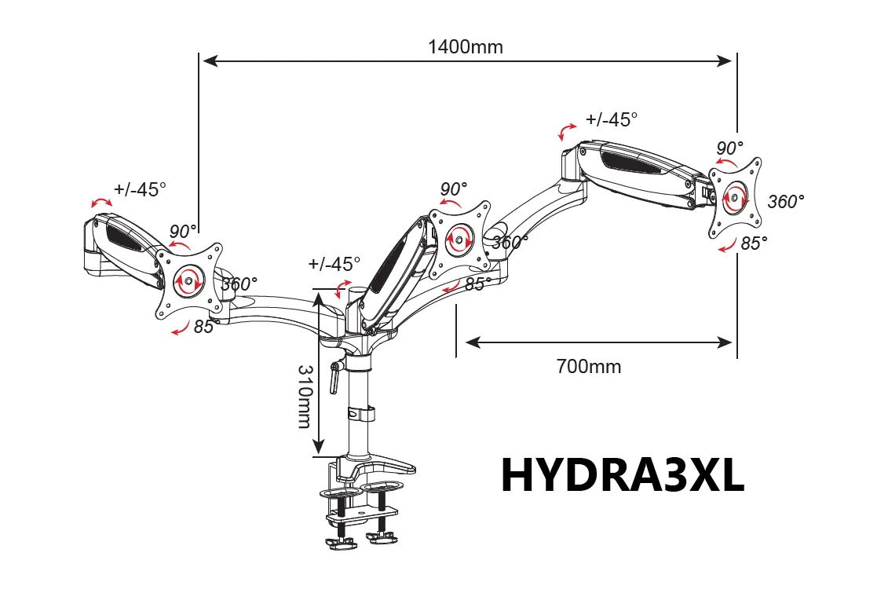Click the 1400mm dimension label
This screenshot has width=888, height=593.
click(x=466, y=46)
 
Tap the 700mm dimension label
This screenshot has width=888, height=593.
click(x=588, y=367)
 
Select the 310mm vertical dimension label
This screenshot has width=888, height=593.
click(x=305, y=397)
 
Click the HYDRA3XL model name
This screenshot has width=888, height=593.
click(x=623, y=476)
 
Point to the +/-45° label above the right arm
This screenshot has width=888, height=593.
click(x=612, y=119)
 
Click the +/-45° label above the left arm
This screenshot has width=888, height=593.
click(x=141, y=189)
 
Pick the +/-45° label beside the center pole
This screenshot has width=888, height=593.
click(x=334, y=264)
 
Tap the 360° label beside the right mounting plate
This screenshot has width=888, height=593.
click(x=786, y=202)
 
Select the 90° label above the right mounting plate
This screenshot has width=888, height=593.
click(x=730, y=148)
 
